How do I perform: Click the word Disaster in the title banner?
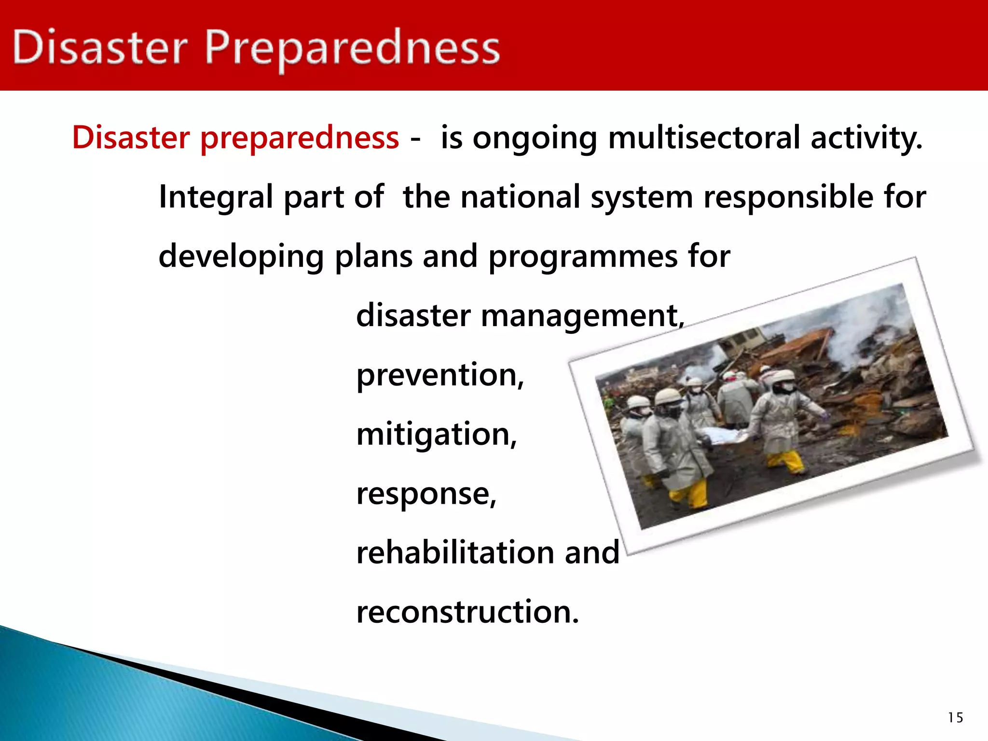(x=100, y=47)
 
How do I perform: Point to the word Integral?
(x=216, y=198)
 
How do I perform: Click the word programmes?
(x=583, y=257)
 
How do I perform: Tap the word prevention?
(x=439, y=375)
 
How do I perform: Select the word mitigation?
(x=436, y=434)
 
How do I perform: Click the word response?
(x=425, y=494)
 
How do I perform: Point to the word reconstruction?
(x=467, y=612)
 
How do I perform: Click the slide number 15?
(x=955, y=718)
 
